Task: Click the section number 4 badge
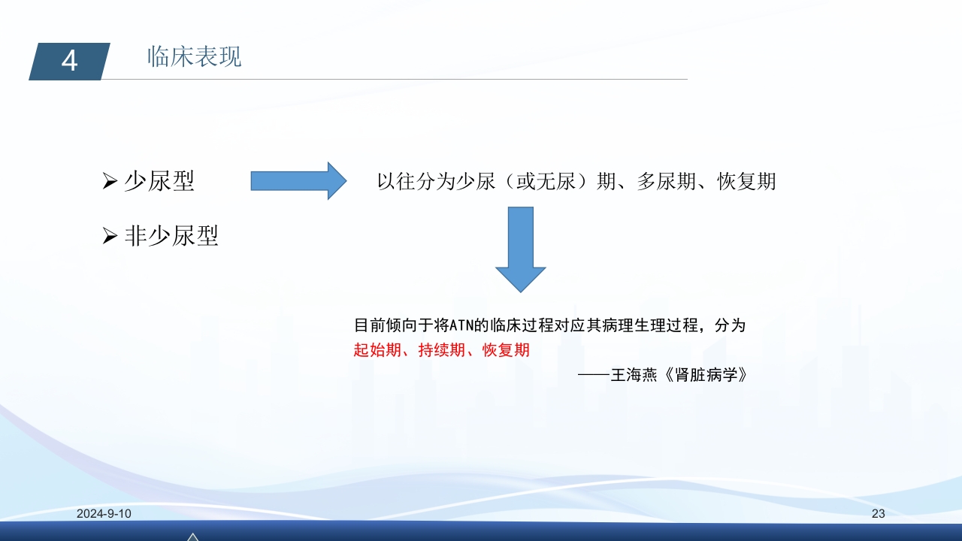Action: tap(69, 61)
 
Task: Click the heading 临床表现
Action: tap(195, 57)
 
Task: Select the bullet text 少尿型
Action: tap(159, 181)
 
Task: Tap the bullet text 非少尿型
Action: tap(171, 237)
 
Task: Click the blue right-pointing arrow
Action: tap(298, 181)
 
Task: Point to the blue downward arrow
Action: tap(520, 249)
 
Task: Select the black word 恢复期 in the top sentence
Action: tap(747, 182)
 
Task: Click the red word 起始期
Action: tap(377, 350)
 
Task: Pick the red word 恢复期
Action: tap(506, 350)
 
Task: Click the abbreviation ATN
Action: tap(462, 326)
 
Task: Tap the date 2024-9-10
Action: tap(104, 514)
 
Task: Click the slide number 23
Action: tap(878, 514)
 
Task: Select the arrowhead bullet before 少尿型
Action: tap(110, 182)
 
